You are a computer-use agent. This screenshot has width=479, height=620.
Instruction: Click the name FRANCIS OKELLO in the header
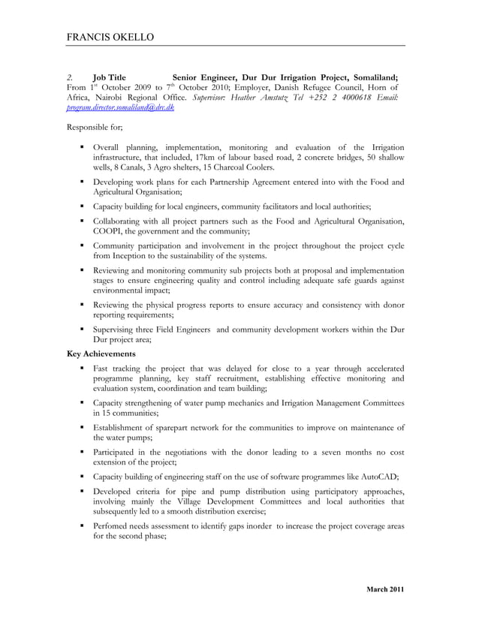(111, 37)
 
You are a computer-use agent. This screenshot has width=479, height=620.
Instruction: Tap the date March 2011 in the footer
(385, 589)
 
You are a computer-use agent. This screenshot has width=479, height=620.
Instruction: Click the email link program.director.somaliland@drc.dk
(121, 108)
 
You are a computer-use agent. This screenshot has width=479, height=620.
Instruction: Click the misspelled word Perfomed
(113, 526)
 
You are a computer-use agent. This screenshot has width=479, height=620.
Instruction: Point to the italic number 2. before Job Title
(70, 77)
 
